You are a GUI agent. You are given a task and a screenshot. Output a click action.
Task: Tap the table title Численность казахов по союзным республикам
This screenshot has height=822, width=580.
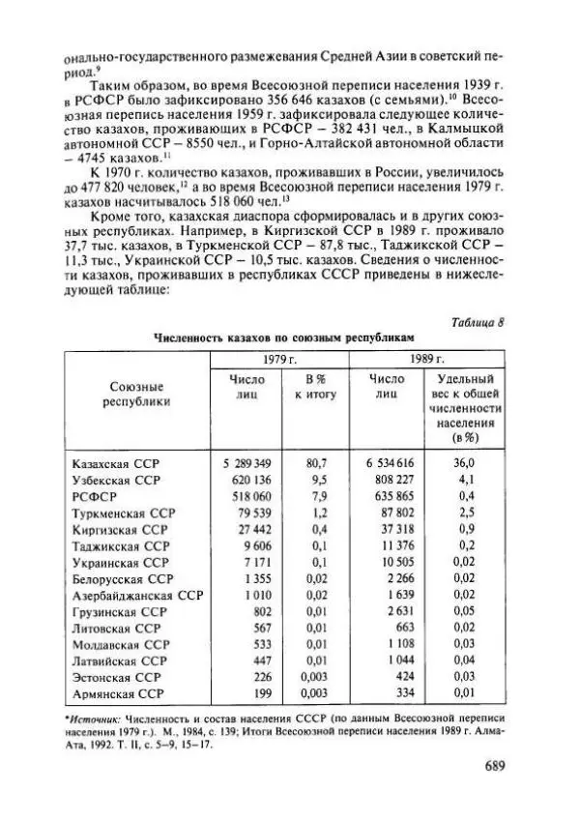(283, 338)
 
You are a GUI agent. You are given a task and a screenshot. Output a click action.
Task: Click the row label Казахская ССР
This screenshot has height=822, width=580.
(116, 463)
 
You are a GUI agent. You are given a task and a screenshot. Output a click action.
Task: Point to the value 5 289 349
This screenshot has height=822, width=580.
(242, 463)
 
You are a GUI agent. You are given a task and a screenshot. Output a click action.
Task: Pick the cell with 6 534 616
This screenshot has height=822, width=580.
(390, 463)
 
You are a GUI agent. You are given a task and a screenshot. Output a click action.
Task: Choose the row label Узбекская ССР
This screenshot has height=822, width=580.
(116, 480)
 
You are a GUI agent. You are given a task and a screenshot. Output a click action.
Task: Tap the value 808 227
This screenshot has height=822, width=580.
(393, 480)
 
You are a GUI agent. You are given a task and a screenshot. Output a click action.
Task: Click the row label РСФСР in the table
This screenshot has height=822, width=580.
(92, 496)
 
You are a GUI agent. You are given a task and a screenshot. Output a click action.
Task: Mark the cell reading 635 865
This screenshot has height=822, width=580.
(393, 496)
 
